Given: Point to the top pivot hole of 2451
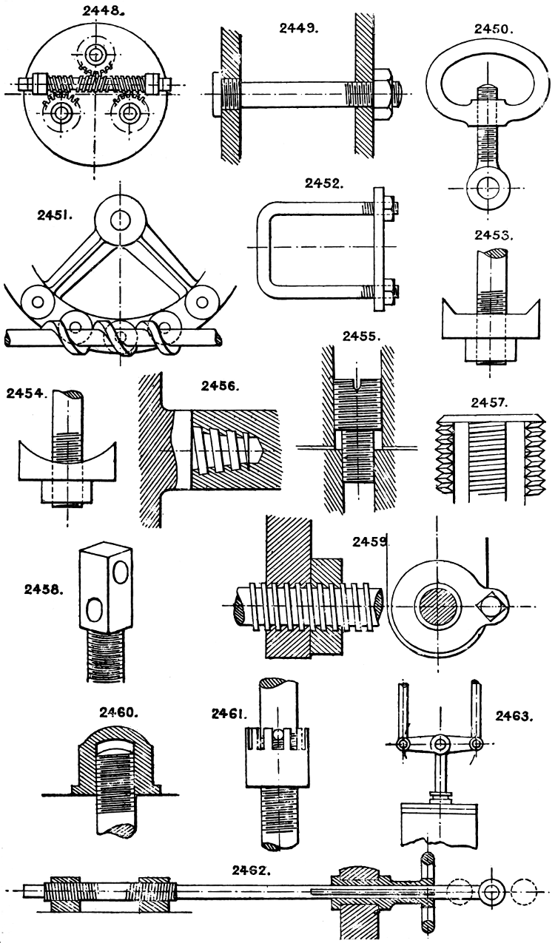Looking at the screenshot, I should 118,218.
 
